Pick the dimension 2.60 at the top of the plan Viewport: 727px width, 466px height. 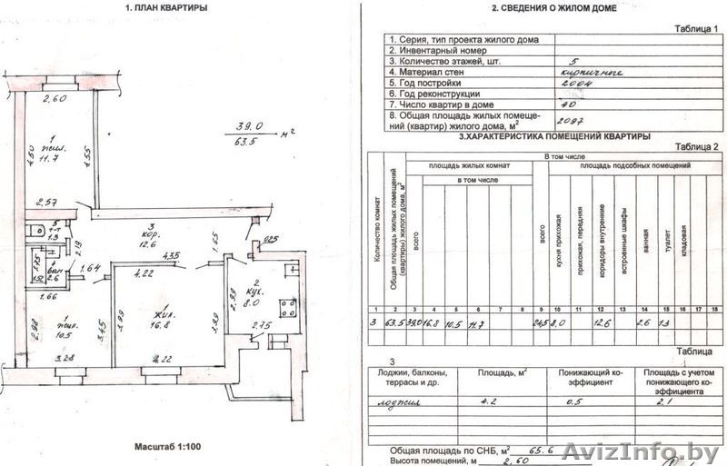[55, 99]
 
